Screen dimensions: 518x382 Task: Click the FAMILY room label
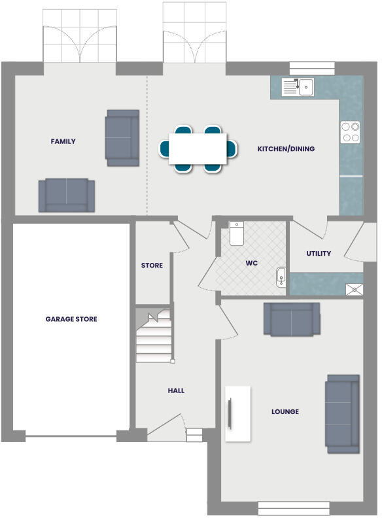[x=63, y=141]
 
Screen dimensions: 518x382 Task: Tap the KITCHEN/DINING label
[x=285, y=149]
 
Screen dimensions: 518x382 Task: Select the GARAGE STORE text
[x=71, y=319]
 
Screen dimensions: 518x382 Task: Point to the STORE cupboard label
[x=152, y=266]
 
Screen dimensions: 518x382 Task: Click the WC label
[x=252, y=263]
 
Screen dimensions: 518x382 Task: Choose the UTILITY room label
[x=319, y=254]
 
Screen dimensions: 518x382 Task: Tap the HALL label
[x=176, y=390]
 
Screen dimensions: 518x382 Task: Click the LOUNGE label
[x=285, y=411]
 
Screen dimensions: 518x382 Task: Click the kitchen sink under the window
[x=298, y=86]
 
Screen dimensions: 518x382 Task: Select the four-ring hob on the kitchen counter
[x=350, y=132]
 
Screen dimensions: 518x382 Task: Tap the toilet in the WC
[x=237, y=233]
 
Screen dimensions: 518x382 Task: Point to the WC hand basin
[x=281, y=277]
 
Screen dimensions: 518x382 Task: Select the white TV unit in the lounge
[x=238, y=413]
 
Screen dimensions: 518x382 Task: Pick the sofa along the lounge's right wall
[x=342, y=413]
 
